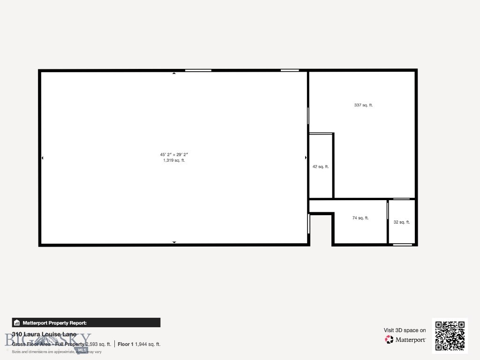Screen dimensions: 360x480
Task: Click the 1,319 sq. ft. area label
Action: click(x=174, y=160)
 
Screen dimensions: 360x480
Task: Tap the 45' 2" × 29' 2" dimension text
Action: click(x=174, y=154)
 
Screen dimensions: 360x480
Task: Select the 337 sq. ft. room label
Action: click(x=363, y=105)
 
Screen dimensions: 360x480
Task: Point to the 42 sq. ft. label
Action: click(x=321, y=167)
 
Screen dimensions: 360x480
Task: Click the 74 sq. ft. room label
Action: click(x=360, y=218)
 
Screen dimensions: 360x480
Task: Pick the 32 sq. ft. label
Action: click(x=402, y=222)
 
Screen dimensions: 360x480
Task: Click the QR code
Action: click(x=450, y=336)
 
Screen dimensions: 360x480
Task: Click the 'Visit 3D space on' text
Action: click(x=405, y=330)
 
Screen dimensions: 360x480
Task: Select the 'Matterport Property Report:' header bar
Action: click(x=86, y=322)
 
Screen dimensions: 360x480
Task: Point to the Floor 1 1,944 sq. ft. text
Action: click(x=139, y=344)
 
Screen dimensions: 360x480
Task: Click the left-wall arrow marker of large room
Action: click(x=42, y=158)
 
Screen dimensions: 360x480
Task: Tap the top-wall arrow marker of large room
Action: click(x=174, y=73)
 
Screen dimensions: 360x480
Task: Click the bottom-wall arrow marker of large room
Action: click(x=174, y=242)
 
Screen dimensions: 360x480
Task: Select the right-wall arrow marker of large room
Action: click(x=306, y=158)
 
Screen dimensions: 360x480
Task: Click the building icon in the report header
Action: click(x=17, y=322)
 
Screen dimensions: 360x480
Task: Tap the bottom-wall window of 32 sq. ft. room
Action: click(x=402, y=244)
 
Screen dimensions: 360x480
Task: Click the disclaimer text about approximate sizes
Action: click(x=56, y=352)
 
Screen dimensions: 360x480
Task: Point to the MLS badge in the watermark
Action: click(x=82, y=350)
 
